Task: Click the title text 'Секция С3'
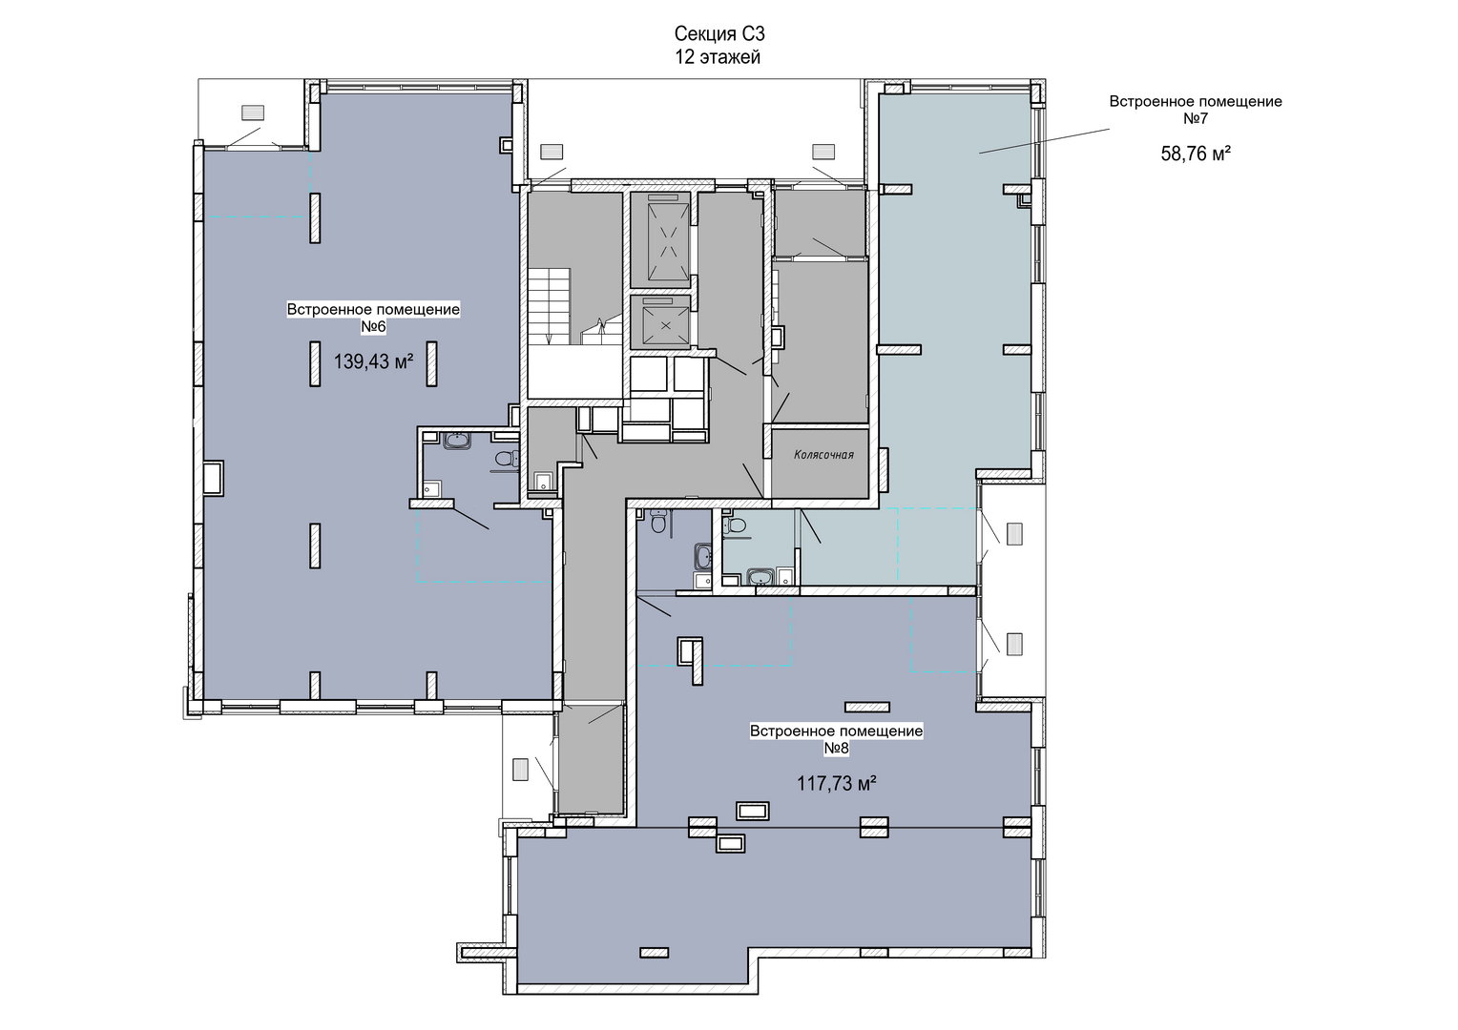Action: (x=719, y=33)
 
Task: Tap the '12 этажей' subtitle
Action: (x=718, y=57)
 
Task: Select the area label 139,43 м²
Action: (x=374, y=361)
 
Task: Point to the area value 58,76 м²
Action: (x=1196, y=154)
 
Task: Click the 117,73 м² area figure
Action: (x=837, y=783)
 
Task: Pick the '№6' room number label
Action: (x=374, y=326)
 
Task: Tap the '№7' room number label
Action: (x=1196, y=118)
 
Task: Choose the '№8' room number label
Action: (x=837, y=749)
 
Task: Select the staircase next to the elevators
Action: (x=549, y=306)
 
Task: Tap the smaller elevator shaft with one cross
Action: (x=660, y=322)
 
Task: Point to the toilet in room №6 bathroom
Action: (x=507, y=460)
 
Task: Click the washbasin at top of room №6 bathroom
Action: (x=459, y=441)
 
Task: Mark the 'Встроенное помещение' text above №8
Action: (x=837, y=731)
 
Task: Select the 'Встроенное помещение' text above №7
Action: (x=1196, y=101)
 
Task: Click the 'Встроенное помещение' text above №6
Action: (x=374, y=309)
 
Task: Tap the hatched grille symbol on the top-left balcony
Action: (x=253, y=112)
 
